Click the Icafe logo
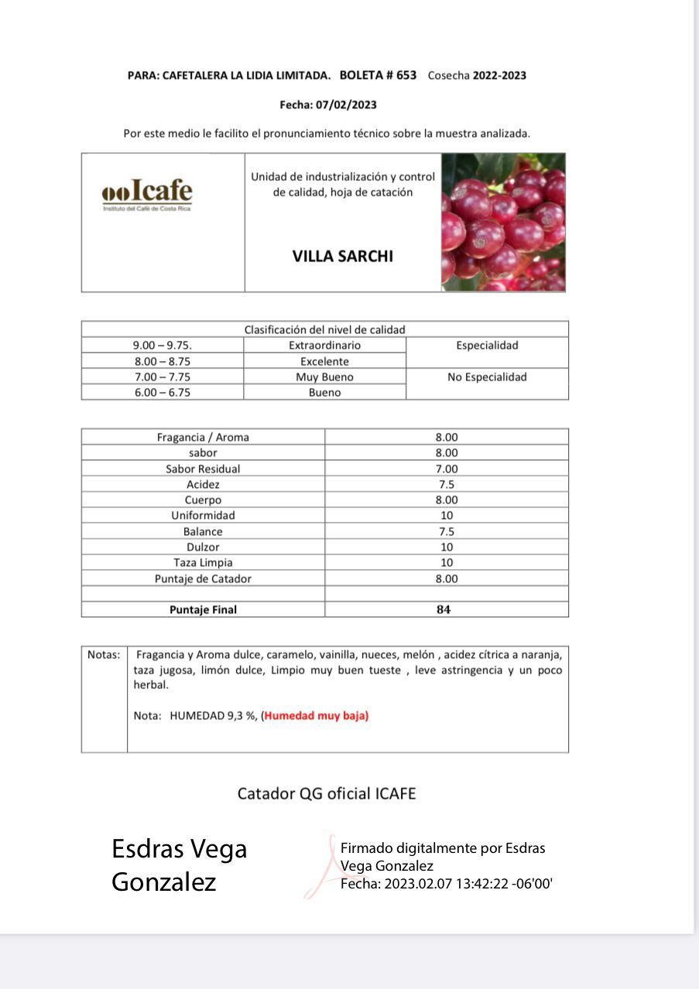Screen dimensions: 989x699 coord(147,194)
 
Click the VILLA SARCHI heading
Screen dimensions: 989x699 coord(342,256)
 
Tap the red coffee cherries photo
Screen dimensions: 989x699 coord(503,222)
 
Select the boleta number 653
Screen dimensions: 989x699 coord(406,75)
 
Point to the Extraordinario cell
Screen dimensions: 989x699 coord(324,346)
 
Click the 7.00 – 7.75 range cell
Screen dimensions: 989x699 coord(162,377)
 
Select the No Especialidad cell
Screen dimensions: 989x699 coord(487,377)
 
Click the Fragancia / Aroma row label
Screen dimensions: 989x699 coord(203,437)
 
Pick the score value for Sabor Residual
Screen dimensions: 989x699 coord(447,469)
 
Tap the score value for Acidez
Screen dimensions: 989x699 coord(447,484)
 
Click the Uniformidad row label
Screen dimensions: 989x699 coord(203,515)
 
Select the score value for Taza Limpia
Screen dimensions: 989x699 coord(447,562)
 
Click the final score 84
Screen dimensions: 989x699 coord(444,609)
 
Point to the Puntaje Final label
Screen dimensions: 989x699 coord(203,609)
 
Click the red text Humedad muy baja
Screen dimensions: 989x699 coord(317,716)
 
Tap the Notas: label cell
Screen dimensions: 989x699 coord(104,655)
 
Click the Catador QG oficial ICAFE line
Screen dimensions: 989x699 coord(326,793)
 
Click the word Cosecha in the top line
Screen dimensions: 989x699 coord(448,75)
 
